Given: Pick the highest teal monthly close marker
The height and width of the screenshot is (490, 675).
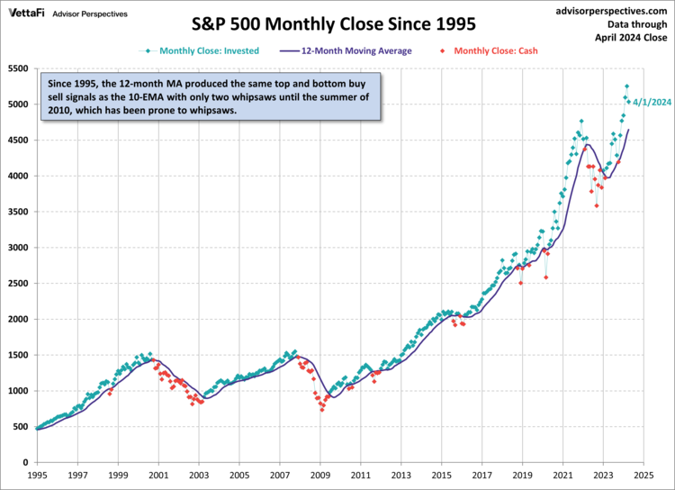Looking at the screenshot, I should (x=626, y=86).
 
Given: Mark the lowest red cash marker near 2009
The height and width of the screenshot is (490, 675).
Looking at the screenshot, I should (x=322, y=410).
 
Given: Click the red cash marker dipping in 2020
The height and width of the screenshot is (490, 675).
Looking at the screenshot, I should (x=546, y=277).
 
